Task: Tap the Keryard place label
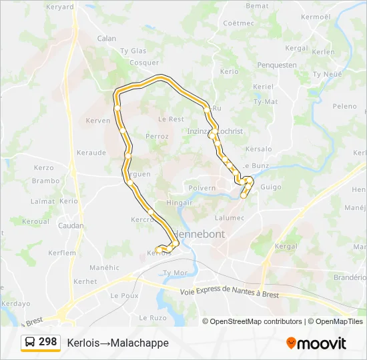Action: pyautogui.click(x=60, y=7)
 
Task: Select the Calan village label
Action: pyautogui.click(x=107, y=39)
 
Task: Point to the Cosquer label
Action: pyautogui.click(x=143, y=63)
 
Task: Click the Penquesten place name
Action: pyautogui.click(x=276, y=65)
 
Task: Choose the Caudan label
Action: pyautogui.click(x=71, y=226)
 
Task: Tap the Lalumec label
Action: pyautogui.click(x=230, y=217)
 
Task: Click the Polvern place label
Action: pyautogui.click(x=202, y=188)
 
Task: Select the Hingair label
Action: pyautogui.click(x=179, y=203)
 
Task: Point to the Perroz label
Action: pyautogui.click(x=157, y=136)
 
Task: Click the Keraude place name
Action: pyautogui.click(x=91, y=153)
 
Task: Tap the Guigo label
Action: pyautogui.click(x=271, y=187)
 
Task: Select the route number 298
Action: pyautogui.click(x=47, y=341)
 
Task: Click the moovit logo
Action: pyautogui.click(x=316, y=343)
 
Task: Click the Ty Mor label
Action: pyautogui.click(x=175, y=273)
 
